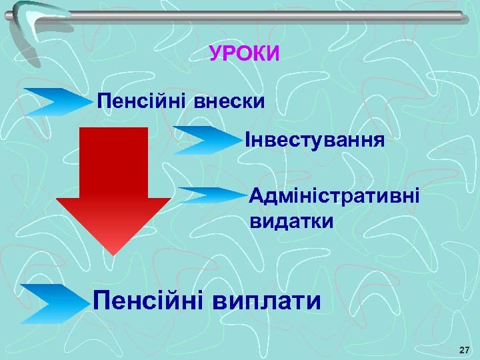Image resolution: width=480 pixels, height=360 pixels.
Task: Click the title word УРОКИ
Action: click(x=245, y=53)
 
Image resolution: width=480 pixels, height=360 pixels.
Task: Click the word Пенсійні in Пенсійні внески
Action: click(x=142, y=102)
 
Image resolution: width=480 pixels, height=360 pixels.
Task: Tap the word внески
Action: click(x=231, y=102)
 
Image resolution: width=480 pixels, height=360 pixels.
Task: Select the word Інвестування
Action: click(x=315, y=141)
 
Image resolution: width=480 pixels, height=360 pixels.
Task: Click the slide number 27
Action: click(x=465, y=350)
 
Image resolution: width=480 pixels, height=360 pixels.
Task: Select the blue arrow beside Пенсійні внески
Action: click(x=60, y=102)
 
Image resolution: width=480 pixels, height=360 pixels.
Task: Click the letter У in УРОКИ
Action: click(x=215, y=53)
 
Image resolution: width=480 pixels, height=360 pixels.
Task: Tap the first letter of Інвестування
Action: click(x=248, y=141)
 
